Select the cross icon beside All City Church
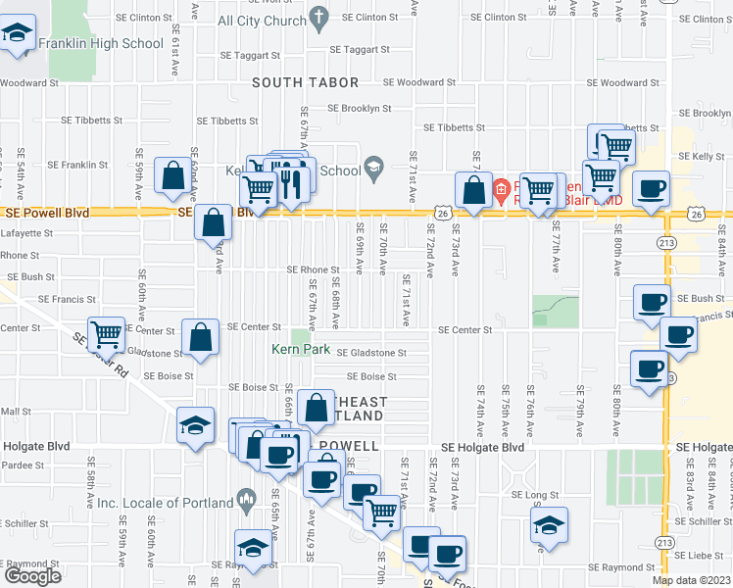pyautogui.click(x=318, y=17)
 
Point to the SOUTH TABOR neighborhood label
pyautogui.click(x=306, y=83)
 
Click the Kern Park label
pyautogui.click(x=301, y=349)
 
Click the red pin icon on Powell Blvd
pyautogui.click(x=500, y=187)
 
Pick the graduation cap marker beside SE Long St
pyautogui.click(x=549, y=524)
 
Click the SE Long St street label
pyautogui.click(x=534, y=495)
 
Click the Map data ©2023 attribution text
pyautogui.click(x=690, y=580)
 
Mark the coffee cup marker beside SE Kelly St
pyautogui.click(x=650, y=189)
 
